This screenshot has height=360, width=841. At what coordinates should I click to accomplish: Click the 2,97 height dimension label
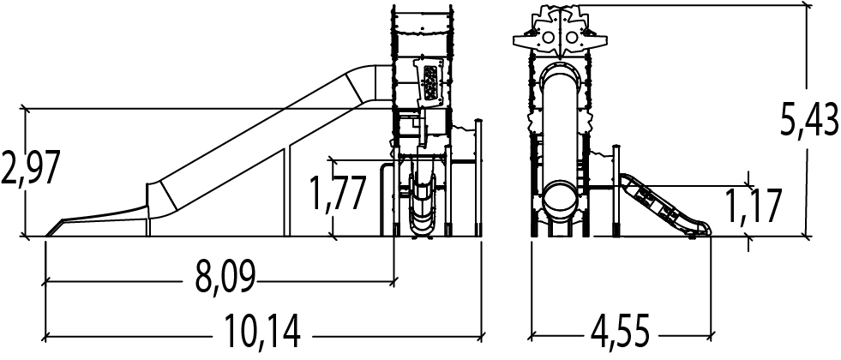[x=29, y=168]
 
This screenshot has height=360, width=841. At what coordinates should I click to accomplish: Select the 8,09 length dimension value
[x=225, y=278]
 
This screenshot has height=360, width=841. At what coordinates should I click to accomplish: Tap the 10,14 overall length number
[x=261, y=332]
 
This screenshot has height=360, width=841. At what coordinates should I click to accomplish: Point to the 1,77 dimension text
[x=339, y=192]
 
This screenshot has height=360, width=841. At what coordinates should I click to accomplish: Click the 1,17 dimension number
[x=753, y=206]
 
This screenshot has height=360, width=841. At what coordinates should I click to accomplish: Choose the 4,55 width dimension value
[x=621, y=332]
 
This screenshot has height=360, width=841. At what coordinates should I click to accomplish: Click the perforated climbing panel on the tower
[x=430, y=83]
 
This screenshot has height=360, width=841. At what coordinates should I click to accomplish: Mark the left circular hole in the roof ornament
[x=548, y=38]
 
